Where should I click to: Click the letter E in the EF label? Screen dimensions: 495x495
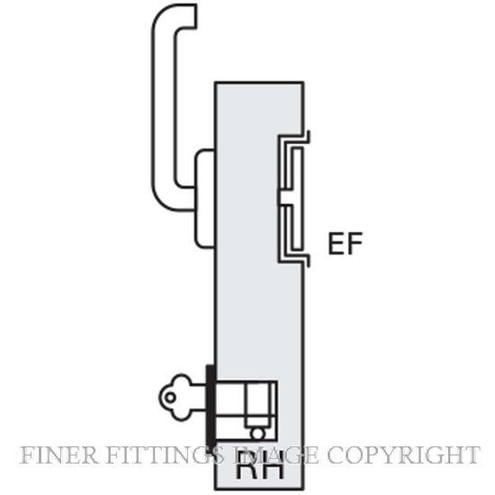coord(336,243)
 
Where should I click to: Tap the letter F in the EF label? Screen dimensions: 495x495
coord(355,243)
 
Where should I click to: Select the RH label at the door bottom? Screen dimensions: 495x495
coord(259,469)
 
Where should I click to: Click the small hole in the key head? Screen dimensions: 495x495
coord(170,397)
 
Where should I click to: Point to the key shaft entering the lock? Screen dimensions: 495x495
coord(198,397)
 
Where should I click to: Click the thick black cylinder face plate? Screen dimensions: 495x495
coord(211,407)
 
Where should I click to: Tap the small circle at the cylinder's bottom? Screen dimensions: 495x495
coord(257,434)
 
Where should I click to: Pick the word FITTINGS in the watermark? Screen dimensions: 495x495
coord(164,454)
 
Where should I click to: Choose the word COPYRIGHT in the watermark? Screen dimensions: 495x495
coord(403,454)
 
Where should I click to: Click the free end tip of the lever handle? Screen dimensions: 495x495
coord(195,16)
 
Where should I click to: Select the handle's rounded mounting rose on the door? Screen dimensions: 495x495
coord(204,198)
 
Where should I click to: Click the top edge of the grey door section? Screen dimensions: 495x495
coord(259,83)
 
